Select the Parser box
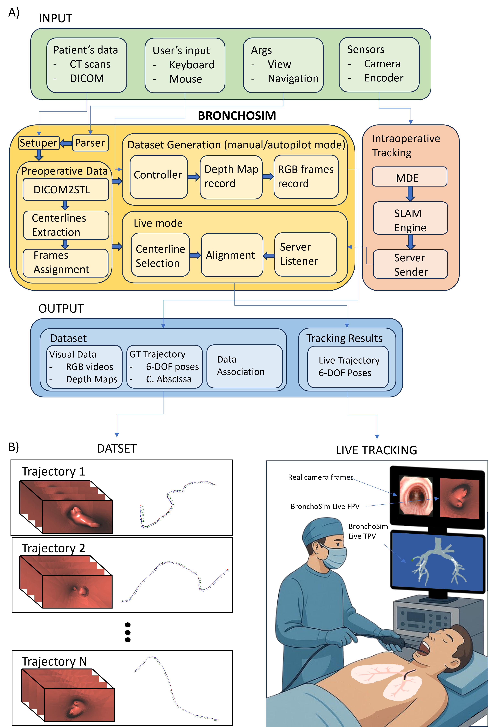click(x=90, y=143)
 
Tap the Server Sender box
click(x=410, y=264)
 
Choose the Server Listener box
click(x=305, y=254)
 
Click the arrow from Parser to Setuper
click(x=66, y=143)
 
